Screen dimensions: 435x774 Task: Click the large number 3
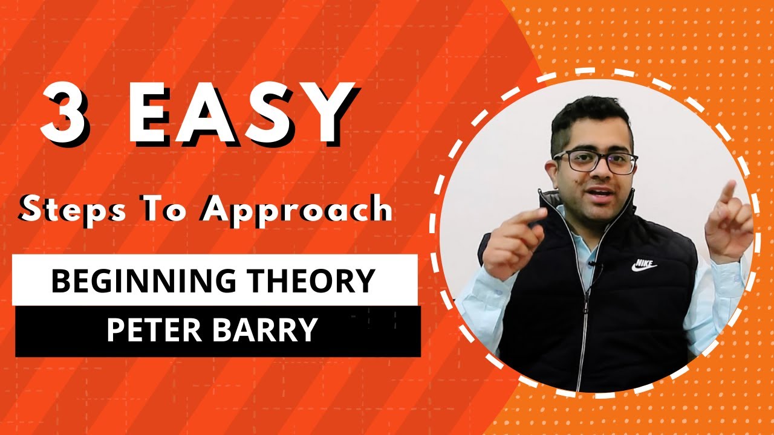pyautogui.click(x=65, y=114)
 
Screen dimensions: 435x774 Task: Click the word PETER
pyautogui.click(x=155, y=330)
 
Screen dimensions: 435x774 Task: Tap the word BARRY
pyautogui.click(x=269, y=330)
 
